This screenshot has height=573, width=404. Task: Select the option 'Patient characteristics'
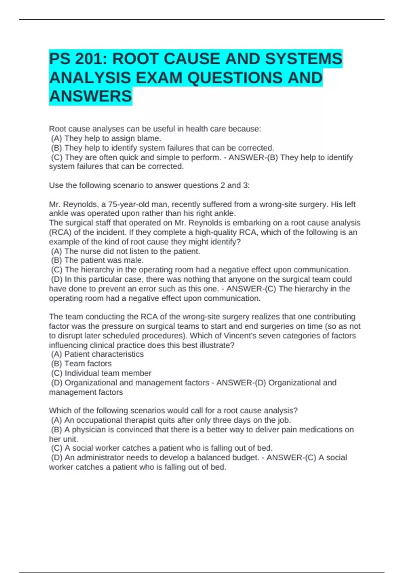(104, 354)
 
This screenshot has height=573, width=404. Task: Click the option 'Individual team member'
(108, 373)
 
